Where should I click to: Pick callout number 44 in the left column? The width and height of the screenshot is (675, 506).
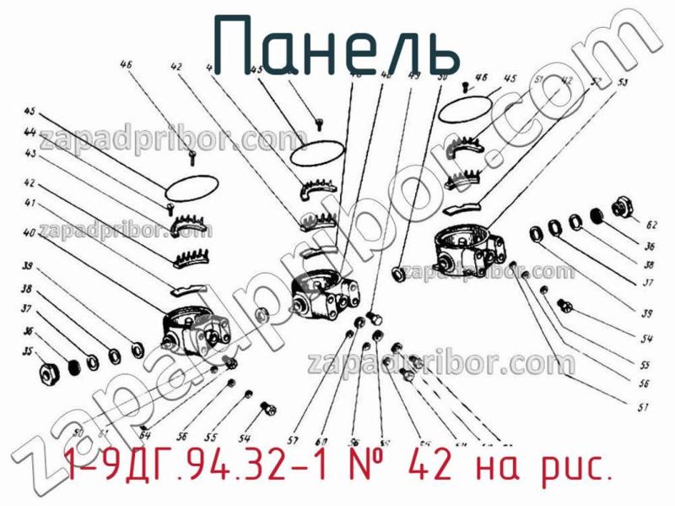tap(30, 132)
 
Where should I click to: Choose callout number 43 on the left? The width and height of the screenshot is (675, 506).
tap(30, 155)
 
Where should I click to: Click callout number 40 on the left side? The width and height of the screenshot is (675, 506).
tap(30, 232)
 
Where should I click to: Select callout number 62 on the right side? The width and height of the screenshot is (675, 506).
tap(651, 226)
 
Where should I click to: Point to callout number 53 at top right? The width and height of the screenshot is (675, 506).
tap(622, 83)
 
